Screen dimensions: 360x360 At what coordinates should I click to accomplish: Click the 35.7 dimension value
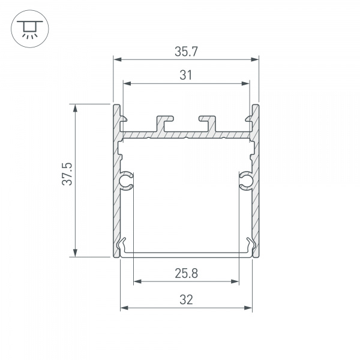pyautogui.click(x=186, y=52)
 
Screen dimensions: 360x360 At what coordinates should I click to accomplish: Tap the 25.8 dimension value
pyautogui.click(x=186, y=274)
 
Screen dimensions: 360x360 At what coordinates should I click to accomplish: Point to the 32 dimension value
pyautogui.click(x=186, y=301)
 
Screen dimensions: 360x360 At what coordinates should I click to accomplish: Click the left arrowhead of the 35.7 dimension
pyautogui.click(x=117, y=59)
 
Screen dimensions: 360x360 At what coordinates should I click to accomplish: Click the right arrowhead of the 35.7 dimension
pyautogui.click(x=255, y=59)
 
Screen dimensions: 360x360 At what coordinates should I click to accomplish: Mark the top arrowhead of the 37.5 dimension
pyautogui.click(x=75, y=108)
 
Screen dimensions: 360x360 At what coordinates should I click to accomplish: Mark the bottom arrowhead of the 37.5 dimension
pyautogui.click(x=75, y=254)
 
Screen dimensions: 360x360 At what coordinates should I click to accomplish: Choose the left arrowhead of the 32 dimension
pyautogui.click(x=124, y=308)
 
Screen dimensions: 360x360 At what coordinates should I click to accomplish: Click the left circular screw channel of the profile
pyautogui.click(x=127, y=180)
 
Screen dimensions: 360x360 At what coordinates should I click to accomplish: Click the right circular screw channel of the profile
pyautogui.click(x=246, y=180)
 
